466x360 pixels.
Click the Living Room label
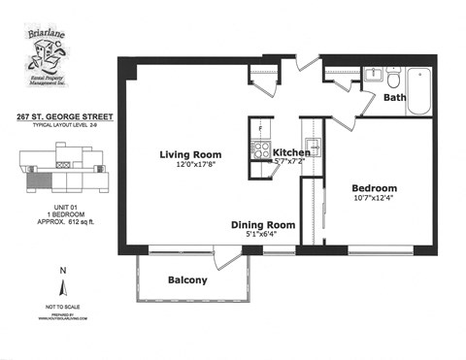190,154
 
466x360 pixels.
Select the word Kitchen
291,153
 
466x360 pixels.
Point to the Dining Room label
262,224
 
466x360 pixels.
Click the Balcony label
187,280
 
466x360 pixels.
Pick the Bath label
394,97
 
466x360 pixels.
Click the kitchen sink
315,151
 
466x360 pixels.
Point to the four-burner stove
260,149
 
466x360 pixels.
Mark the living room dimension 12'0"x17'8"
190,165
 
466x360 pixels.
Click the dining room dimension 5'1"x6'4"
262,235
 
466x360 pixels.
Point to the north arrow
64,285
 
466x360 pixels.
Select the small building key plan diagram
62,171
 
